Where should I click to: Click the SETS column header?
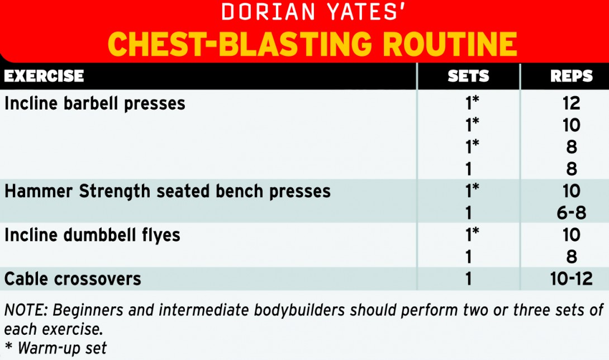[x=468, y=76]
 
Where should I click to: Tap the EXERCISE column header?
[x=44, y=76]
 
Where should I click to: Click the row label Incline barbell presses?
[x=95, y=103]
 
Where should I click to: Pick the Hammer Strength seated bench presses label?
[x=168, y=191]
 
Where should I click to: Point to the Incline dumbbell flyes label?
[x=92, y=235]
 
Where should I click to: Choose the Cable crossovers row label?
[x=73, y=278]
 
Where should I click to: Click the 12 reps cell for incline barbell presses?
[x=572, y=103]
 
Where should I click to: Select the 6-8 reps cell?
[x=572, y=213]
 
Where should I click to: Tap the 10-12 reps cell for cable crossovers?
[x=572, y=278]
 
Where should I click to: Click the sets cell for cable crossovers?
[x=468, y=278]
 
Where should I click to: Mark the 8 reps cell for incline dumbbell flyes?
[x=572, y=257]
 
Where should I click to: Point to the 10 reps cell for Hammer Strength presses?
[x=572, y=191]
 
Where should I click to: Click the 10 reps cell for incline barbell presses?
[x=572, y=125]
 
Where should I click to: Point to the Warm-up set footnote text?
[x=61, y=348]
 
